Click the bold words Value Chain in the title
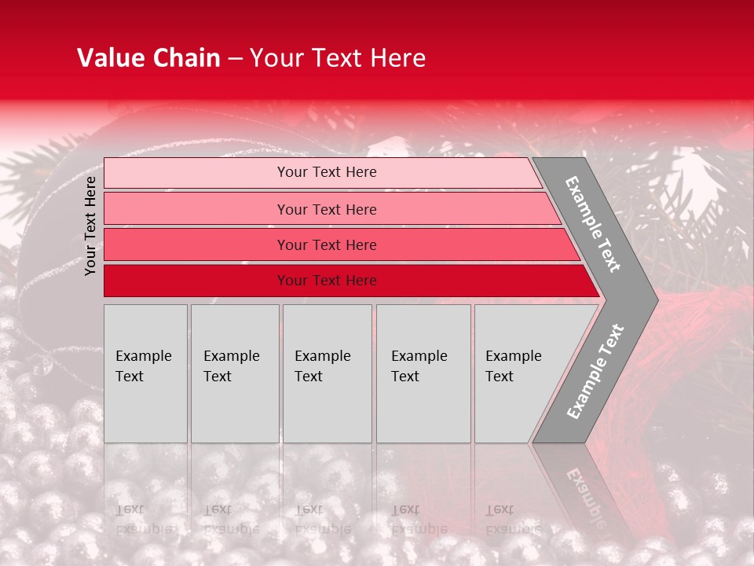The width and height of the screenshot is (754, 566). pos(148,58)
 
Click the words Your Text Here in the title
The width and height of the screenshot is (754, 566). pos(338,58)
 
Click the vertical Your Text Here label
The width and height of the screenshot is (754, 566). pos(90,226)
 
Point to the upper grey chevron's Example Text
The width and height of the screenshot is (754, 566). pos(593,224)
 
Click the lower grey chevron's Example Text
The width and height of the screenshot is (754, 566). pos(595,371)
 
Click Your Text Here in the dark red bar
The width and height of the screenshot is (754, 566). pos(327,281)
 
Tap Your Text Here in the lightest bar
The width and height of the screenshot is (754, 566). pos(327,172)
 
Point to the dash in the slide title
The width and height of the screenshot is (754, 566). pos(235,59)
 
